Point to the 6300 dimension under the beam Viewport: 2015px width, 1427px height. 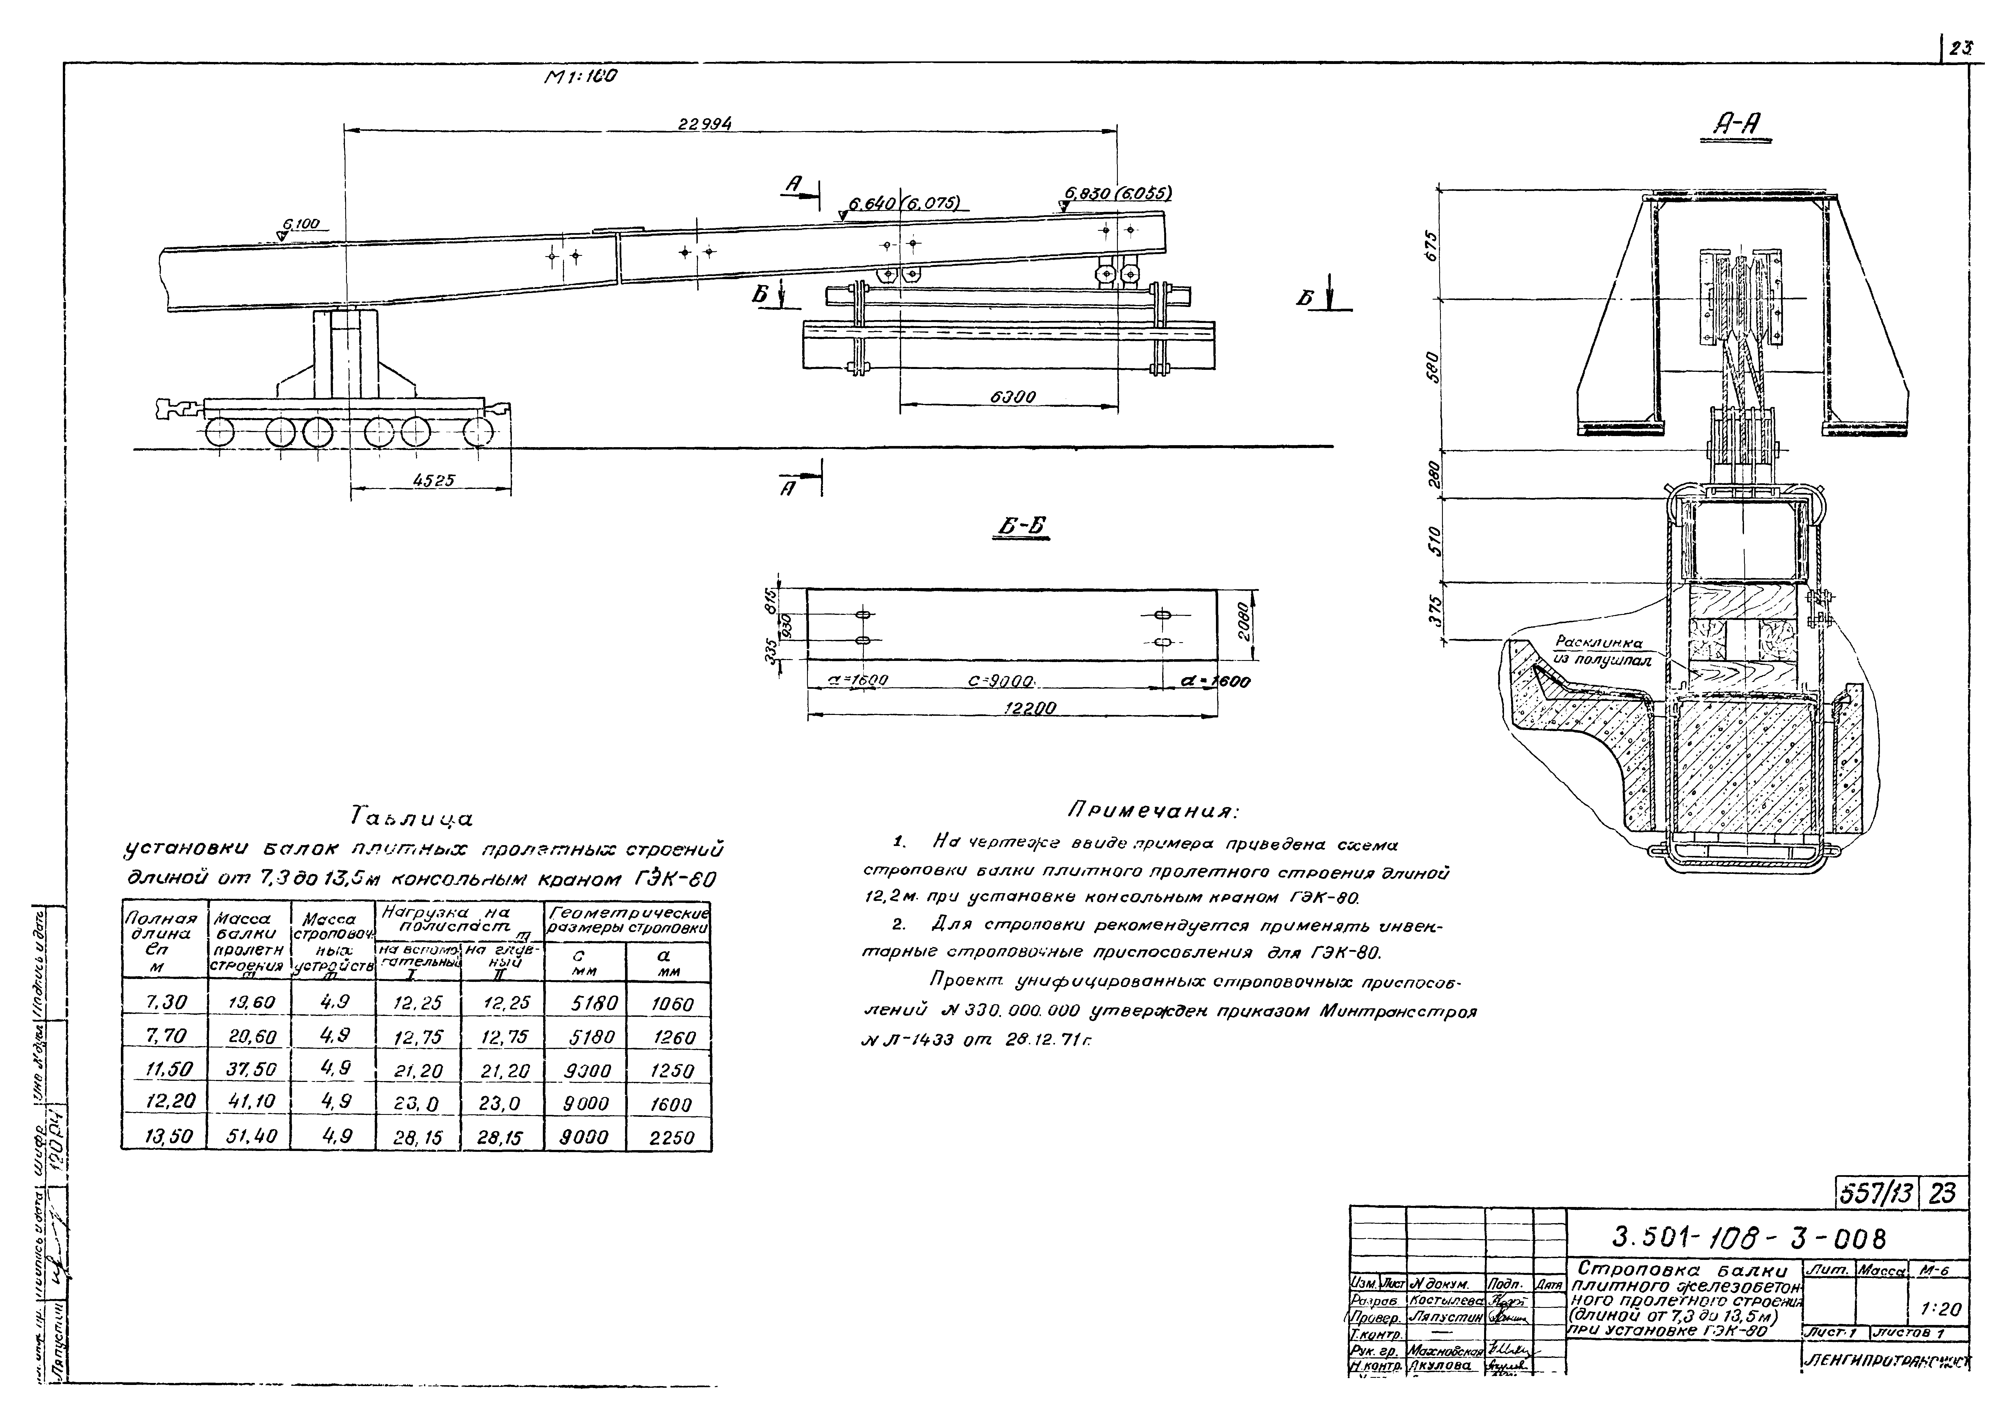pos(1013,397)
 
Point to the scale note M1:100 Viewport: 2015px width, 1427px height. pos(580,76)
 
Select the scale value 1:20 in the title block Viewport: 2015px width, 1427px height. pos(1939,1309)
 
